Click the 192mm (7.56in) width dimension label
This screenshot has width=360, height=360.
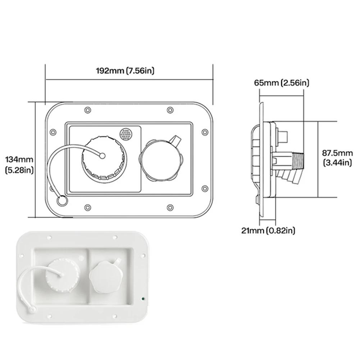click(x=125, y=71)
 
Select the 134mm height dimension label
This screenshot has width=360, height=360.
click(x=20, y=164)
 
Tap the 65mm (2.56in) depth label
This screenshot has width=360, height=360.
click(x=282, y=83)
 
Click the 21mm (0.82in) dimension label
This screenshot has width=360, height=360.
click(x=268, y=231)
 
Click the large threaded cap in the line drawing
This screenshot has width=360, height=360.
click(x=104, y=157)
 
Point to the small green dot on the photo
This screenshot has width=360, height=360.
click(x=143, y=299)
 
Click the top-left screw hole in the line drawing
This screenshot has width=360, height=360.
click(x=87, y=110)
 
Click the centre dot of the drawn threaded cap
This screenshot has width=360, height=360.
click(x=102, y=156)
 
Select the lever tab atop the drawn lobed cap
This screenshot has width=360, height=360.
click(x=176, y=141)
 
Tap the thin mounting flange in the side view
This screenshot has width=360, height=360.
click(x=260, y=158)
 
